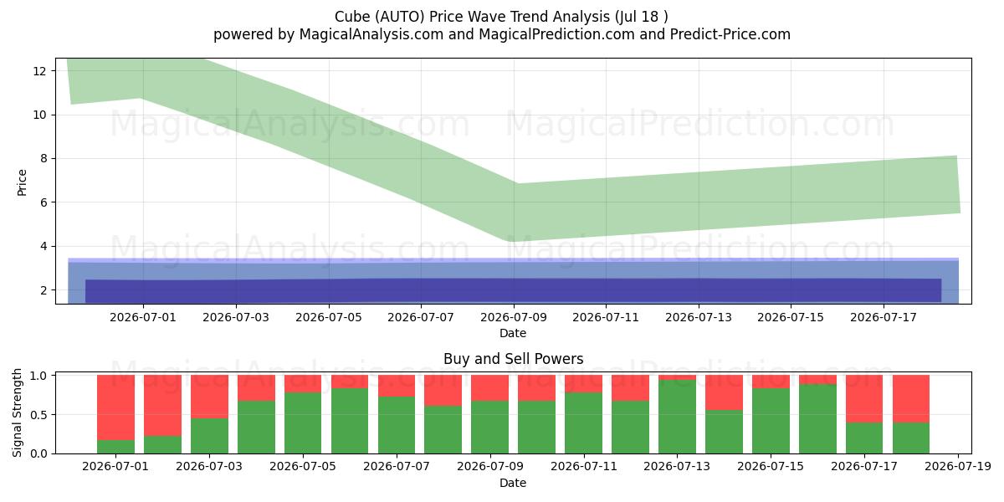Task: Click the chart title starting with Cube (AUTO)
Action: pos(501,17)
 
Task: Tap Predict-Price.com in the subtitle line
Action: pos(730,34)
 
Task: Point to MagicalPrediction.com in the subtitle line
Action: pos(556,34)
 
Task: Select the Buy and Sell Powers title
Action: pos(513,359)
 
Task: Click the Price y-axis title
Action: pos(22,182)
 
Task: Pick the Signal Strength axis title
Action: pos(17,412)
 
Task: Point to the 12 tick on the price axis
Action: pos(39,71)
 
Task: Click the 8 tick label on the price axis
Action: pos(43,159)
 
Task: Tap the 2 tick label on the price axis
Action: pos(43,290)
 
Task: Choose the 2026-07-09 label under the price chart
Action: pos(514,317)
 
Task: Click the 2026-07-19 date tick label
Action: pos(958,467)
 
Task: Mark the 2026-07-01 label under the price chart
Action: pos(143,317)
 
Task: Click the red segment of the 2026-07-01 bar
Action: pos(115,407)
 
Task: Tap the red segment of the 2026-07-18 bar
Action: pos(911,399)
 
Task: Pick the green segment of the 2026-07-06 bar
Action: pos(350,421)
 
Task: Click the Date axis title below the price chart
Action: pos(513,333)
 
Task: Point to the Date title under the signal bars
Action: pos(513,483)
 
